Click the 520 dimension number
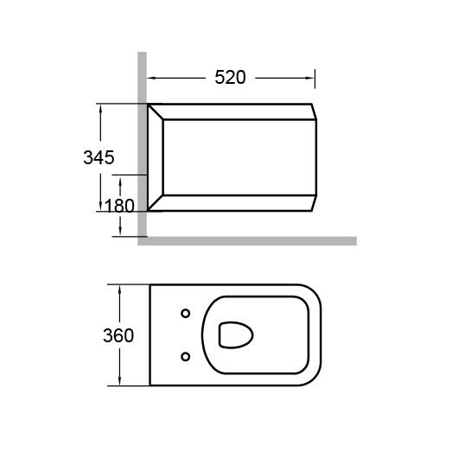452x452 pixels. click(230, 77)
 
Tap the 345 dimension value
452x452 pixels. click(99, 157)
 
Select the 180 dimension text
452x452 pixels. click(119, 206)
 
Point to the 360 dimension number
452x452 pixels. click(118, 335)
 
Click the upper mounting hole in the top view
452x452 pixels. click(185, 313)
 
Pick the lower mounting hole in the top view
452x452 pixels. click(185, 357)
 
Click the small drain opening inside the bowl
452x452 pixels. click(236, 335)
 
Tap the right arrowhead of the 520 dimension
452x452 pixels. click(311, 78)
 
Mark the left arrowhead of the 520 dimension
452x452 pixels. click(151, 78)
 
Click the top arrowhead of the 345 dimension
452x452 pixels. click(100, 108)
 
